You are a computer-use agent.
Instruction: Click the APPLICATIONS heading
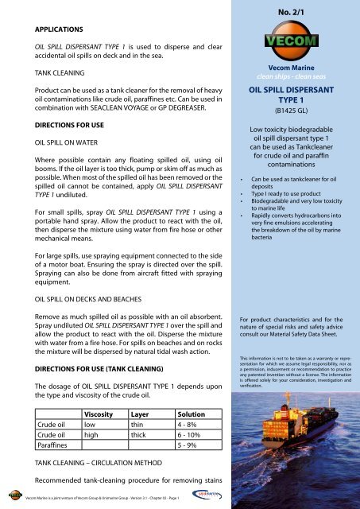(52, 26)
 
